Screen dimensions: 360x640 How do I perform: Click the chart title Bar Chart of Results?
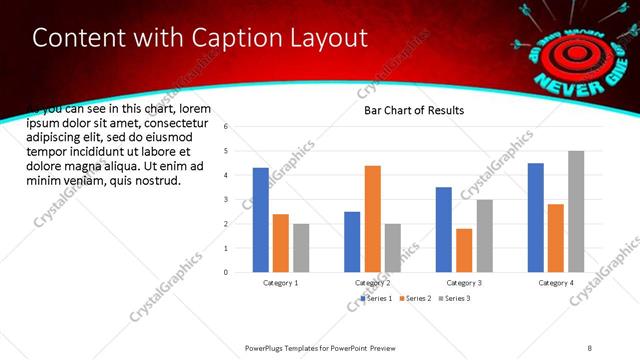tap(413, 110)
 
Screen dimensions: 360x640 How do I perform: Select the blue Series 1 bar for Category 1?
tap(260, 220)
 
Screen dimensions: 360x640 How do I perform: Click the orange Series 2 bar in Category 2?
tap(372, 218)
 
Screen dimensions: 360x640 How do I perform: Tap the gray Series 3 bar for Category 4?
tap(576, 211)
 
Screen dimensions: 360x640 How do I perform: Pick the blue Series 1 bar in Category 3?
tap(443, 229)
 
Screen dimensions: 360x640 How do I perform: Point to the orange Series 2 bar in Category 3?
tap(464, 250)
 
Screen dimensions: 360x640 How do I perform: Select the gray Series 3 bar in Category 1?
tap(301, 247)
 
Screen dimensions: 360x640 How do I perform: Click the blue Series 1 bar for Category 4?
tap(535, 217)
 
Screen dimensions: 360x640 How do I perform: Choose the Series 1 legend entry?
tap(376, 298)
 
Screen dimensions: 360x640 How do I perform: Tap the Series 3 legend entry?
tap(455, 298)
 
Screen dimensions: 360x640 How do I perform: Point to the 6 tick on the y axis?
tap(226, 127)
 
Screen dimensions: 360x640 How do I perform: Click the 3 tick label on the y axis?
tap(226, 199)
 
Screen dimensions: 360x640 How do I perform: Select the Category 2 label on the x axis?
tap(372, 284)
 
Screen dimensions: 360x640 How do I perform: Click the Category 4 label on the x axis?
tap(555, 284)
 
